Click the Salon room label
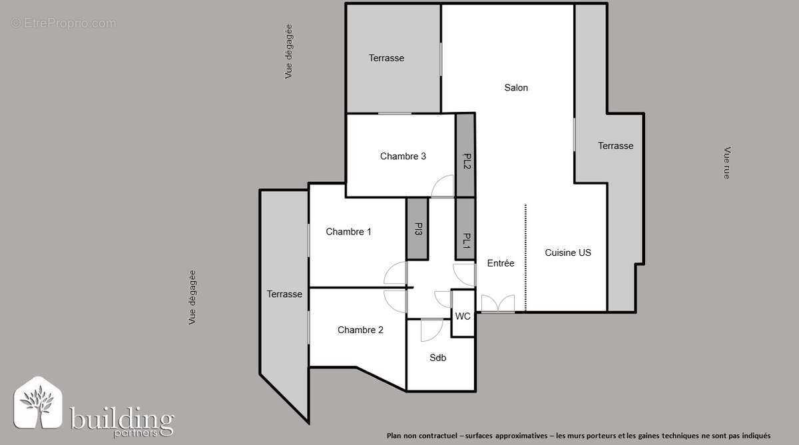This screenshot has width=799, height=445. [x=516, y=87]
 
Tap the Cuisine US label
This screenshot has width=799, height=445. [x=567, y=252]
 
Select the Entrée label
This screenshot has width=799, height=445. [x=501, y=263]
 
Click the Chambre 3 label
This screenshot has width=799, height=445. [x=403, y=157]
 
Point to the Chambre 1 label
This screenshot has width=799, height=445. [x=348, y=232]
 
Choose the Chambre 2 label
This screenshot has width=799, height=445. [x=360, y=330]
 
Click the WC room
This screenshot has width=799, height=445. [x=463, y=316]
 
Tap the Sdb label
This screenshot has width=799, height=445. [x=437, y=358]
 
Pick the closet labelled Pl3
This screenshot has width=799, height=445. [x=417, y=230]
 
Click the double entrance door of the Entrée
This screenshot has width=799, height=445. [x=497, y=304]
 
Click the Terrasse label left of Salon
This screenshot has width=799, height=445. [x=386, y=58]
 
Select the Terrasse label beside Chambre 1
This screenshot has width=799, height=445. [x=284, y=294]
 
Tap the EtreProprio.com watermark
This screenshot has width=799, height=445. [x=64, y=23]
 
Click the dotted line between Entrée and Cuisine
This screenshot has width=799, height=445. [x=525, y=257]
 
